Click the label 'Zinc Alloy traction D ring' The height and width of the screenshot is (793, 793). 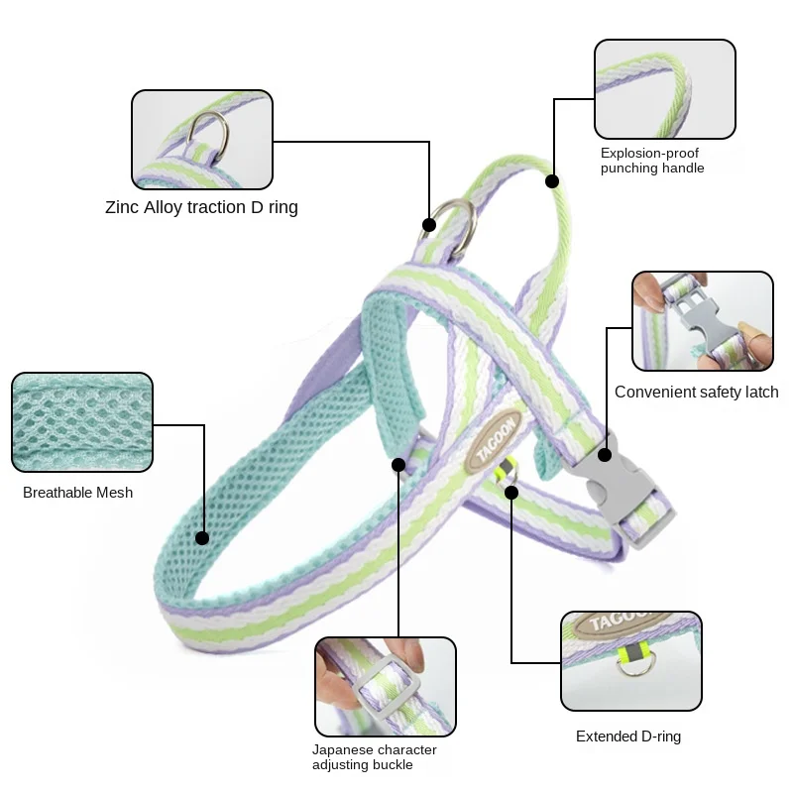point(201,207)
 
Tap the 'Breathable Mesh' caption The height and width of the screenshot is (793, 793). point(77,493)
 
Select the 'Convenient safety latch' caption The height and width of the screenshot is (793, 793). point(696,392)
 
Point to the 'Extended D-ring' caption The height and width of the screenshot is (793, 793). point(628,736)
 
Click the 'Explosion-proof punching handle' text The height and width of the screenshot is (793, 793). point(652,161)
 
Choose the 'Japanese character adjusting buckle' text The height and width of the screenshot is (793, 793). point(374,757)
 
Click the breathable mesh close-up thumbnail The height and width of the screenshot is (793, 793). point(82,422)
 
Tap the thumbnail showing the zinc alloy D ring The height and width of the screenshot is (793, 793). point(202,139)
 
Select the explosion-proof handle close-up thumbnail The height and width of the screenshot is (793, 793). point(665,89)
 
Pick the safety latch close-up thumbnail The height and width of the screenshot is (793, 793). point(703,321)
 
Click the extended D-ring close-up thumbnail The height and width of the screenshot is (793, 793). point(630,661)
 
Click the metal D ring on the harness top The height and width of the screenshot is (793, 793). point(455,222)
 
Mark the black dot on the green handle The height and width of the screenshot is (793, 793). point(552,181)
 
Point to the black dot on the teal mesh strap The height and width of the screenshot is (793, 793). point(202,538)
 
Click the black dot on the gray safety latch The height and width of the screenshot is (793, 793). point(604,457)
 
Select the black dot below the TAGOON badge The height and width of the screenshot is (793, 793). point(511,492)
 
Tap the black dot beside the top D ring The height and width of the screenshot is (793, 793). point(429,225)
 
